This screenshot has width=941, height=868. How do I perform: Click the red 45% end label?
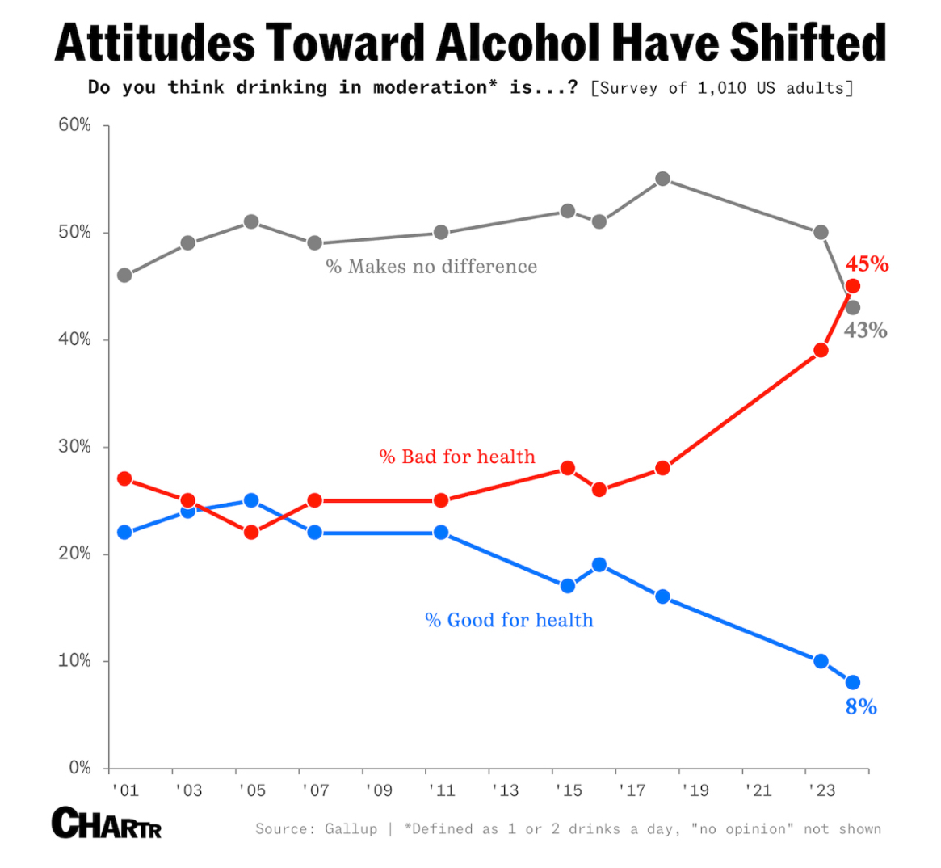point(867,264)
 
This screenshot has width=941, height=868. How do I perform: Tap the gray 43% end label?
point(865,331)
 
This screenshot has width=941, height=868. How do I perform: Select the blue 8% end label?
point(861,707)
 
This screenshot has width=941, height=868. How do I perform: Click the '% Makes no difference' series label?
point(431,267)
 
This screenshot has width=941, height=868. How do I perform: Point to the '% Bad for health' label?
point(457,457)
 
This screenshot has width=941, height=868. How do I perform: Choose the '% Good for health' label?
point(509,621)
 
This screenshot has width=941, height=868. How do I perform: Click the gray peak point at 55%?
point(662,179)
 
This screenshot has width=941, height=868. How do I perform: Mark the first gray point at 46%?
point(124,276)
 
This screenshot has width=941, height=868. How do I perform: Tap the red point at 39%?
point(821,350)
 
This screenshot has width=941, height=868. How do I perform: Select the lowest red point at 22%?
point(251,532)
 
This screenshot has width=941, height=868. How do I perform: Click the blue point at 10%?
point(821,661)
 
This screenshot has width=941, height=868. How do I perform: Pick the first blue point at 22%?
point(124,532)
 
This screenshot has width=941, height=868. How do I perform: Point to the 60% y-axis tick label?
point(74,125)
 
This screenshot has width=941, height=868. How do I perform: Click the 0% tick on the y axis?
point(79,768)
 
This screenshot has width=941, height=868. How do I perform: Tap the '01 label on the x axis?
point(125,790)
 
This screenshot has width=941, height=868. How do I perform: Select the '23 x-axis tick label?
point(821,790)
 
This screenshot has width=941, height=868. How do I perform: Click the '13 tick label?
point(505,790)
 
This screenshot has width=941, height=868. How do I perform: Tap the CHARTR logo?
point(106,823)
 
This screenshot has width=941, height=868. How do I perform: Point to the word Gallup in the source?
point(351,829)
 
